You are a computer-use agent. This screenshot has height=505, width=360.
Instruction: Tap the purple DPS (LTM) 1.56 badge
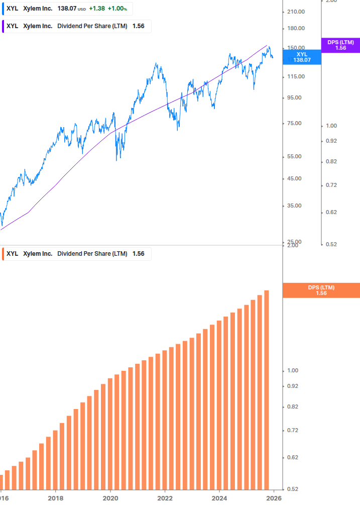(x=340, y=45)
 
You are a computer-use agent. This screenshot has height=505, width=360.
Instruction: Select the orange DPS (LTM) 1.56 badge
(x=321, y=290)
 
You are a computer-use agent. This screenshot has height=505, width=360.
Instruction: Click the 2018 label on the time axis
(x=55, y=498)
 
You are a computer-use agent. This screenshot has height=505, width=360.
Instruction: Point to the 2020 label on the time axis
(x=110, y=498)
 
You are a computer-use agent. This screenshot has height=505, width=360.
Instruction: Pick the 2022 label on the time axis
(x=165, y=498)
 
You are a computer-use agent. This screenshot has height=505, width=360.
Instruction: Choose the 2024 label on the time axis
(x=219, y=498)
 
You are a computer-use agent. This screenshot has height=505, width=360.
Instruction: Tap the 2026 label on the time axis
(x=274, y=498)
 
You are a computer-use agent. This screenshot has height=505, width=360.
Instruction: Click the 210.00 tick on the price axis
(x=296, y=12)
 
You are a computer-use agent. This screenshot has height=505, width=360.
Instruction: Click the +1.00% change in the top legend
(x=117, y=9)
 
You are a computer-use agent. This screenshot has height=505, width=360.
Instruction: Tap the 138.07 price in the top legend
(x=67, y=9)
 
